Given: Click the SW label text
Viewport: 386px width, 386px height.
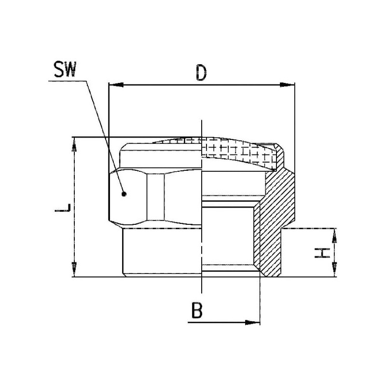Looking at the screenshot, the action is [x=65, y=69].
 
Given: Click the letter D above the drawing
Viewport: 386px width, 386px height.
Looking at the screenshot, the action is [x=201, y=73].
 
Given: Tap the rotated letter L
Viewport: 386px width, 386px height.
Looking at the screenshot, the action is [x=63, y=207].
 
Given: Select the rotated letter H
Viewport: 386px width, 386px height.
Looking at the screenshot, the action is [x=322, y=253].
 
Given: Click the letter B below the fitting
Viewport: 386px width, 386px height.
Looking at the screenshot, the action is [x=197, y=310].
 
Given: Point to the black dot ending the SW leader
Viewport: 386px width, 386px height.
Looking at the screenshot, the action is [x=124, y=194].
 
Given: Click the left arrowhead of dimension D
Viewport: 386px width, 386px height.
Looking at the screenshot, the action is [x=116, y=85].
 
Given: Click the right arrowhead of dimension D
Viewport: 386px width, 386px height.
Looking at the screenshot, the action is [x=287, y=85].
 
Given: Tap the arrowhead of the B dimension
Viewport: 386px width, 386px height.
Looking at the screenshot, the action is [x=252, y=322].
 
